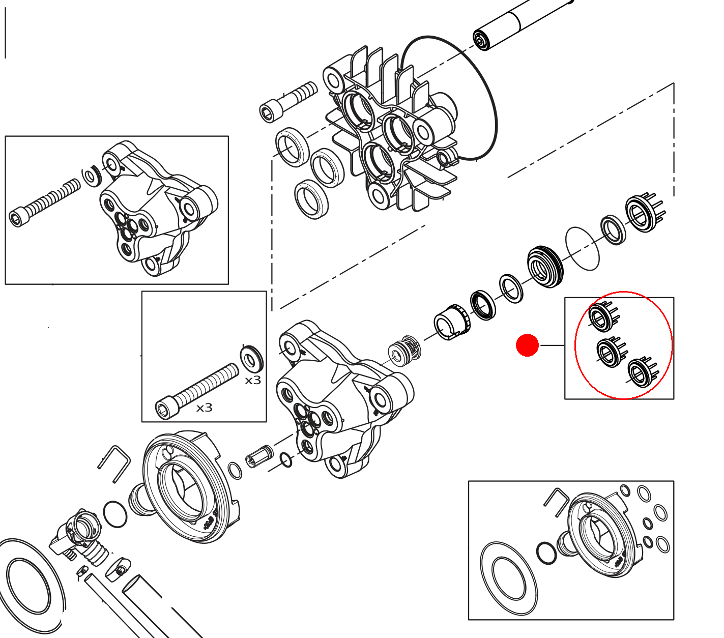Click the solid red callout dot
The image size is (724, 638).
pos(527,345)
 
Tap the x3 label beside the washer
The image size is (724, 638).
pos(253,381)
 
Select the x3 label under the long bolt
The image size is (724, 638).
pos(204,408)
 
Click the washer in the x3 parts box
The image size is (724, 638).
pos(251,359)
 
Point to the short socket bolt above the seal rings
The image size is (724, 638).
pos(287,102)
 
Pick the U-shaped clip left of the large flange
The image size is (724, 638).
pos(114,462)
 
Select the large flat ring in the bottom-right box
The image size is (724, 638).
pos(508,578)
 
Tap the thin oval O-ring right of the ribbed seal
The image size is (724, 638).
pos(582,248)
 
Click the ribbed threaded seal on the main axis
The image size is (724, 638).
pos(545,267)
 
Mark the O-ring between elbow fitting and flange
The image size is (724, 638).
pos(115,514)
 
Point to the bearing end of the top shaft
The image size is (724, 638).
pos(481,40)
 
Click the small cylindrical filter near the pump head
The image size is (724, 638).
pos(259,456)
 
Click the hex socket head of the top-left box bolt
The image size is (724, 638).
pos(16,218)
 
